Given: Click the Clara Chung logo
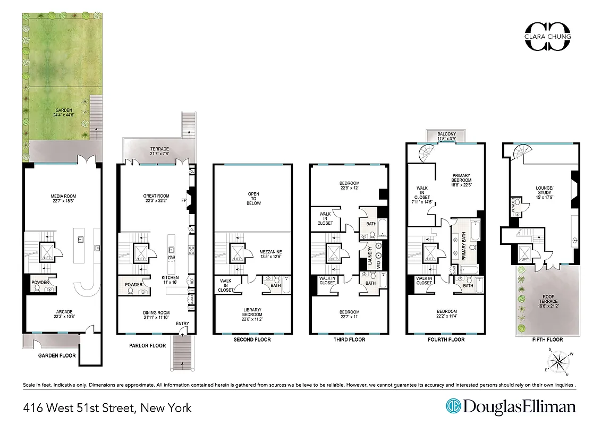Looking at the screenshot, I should (x=547, y=37).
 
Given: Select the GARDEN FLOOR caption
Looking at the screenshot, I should (x=56, y=355).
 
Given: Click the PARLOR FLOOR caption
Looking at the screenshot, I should (x=148, y=346).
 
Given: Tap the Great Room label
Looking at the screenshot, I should (x=156, y=198).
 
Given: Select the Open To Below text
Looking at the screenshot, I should (x=252, y=198).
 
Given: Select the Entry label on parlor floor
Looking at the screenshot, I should (x=182, y=324).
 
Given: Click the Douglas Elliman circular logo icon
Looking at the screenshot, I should (x=453, y=406).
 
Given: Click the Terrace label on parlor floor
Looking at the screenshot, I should (x=159, y=152).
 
